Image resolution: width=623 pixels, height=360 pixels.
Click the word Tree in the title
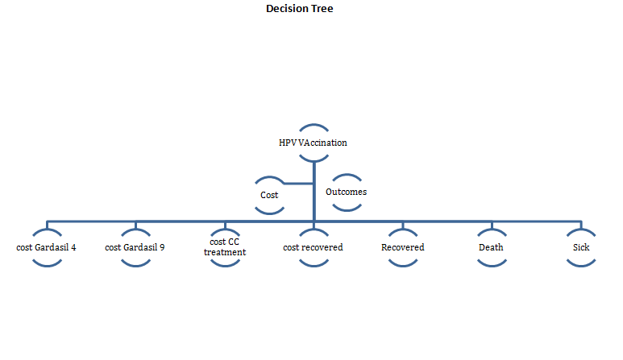pyautogui.click(x=322, y=8)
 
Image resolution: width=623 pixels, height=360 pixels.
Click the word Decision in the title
pyautogui.click(x=287, y=8)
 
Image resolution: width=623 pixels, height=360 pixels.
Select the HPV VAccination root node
pyautogui.click(x=313, y=143)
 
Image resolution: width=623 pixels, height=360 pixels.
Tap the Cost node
pyautogui.click(x=269, y=195)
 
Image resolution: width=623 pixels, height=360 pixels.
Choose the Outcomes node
pyautogui.click(x=346, y=192)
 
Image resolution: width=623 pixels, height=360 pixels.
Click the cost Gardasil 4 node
pyautogui.click(x=46, y=247)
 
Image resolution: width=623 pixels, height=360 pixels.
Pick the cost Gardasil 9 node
pyautogui.click(x=135, y=247)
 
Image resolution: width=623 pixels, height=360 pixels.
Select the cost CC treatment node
pyautogui.click(x=225, y=247)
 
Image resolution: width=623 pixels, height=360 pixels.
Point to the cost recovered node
pyautogui.click(x=313, y=247)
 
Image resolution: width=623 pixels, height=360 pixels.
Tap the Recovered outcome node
pyautogui.click(x=403, y=247)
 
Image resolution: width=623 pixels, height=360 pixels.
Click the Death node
pyautogui.click(x=492, y=247)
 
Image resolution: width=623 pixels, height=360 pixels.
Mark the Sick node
pyautogui.click(x=581, y=247)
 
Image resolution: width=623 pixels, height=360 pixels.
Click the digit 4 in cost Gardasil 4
pyautogui.click(x=73, y=247)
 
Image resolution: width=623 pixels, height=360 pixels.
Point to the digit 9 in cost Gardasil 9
pyautogui.click(x=162, y=247)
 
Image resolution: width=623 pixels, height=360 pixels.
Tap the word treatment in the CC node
pyautogui.click(x=225, y=252)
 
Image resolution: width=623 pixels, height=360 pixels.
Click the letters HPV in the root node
pyautogui.click(x=287, y=143)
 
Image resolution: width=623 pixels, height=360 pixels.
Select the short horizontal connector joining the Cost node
pyautogui.click(x=298, y=184)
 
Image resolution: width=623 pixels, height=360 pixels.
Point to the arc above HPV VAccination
pyautogui.click(x=314, y=126)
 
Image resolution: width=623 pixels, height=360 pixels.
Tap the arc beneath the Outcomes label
pyautogui.click(x=347, y=209)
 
